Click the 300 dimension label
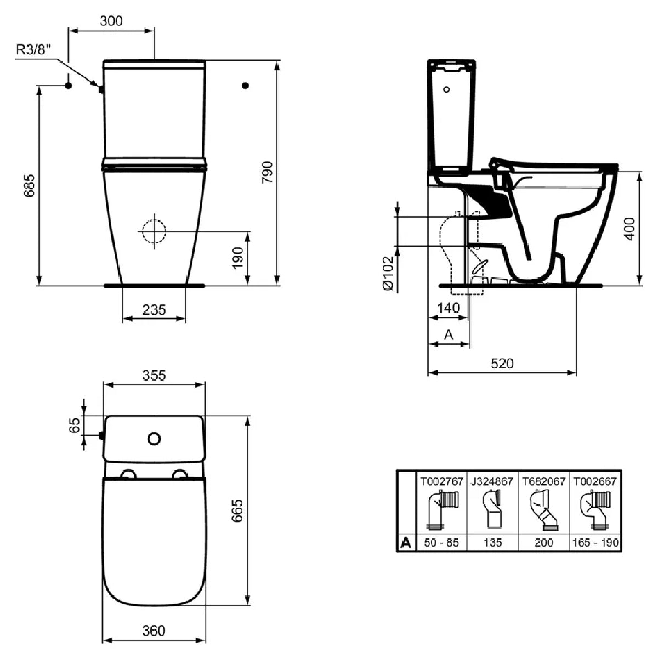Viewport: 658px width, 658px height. point(111,21)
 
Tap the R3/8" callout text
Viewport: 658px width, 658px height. point(33,50)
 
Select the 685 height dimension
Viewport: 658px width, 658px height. point(30,185)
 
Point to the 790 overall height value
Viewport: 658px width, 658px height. point(268,172)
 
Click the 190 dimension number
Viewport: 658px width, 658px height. point(237,258)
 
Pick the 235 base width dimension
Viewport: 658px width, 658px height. point(154,310)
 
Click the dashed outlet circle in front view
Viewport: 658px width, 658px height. point(154,231)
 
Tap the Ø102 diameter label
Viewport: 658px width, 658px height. point(389,273)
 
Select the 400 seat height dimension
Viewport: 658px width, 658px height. point(629,229)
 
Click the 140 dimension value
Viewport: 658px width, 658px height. point(449,308)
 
